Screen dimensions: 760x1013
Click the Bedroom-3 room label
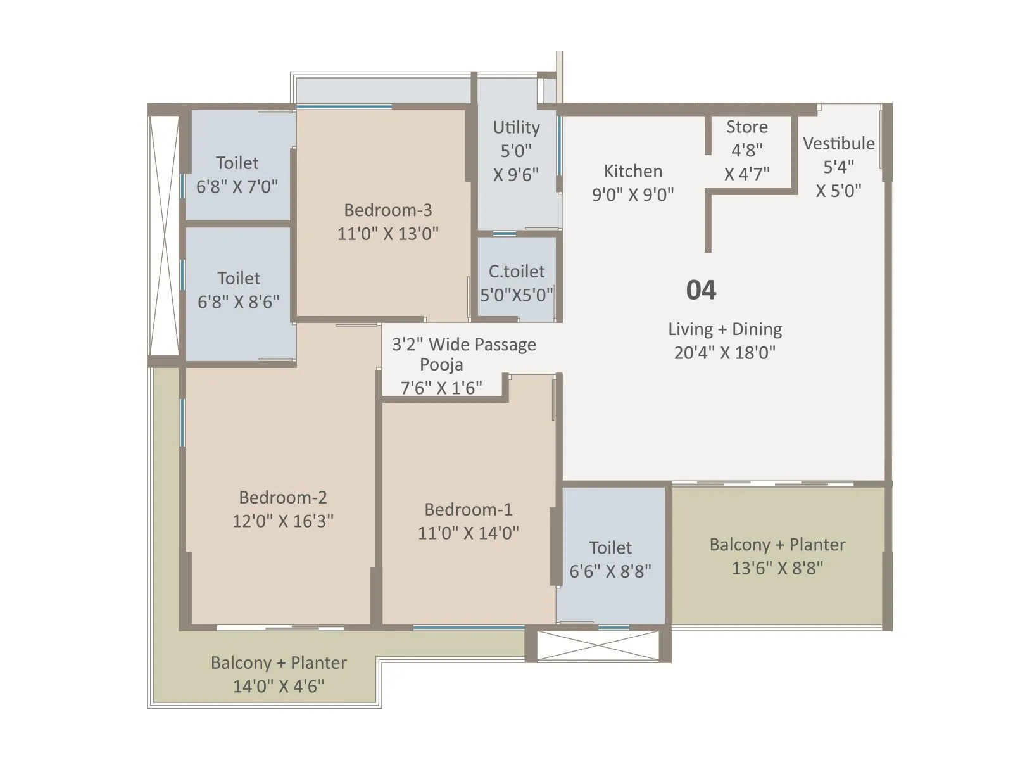[x=387, y=210]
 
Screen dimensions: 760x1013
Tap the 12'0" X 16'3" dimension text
[x=282, y=521]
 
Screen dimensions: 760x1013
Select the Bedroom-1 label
[x=468, y=509]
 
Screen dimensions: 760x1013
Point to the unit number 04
[x=701, y=290]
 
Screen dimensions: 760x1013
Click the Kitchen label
[x=632, y=171]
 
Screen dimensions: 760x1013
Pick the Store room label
[x=746, y=127]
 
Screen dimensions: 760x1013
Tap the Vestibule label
[x=838, y=143]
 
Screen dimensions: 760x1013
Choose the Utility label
[x=516, y=127]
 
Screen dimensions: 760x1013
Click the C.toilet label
[x=516, y=271]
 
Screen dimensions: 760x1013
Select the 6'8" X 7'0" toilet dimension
[x=237, y=186]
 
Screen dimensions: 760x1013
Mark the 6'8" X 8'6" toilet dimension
[x=238, y=301]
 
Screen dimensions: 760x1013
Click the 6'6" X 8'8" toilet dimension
[x=610, y=571]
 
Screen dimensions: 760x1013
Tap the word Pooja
[x=441, y=364]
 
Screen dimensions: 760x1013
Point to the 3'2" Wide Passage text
[x=463, y=345]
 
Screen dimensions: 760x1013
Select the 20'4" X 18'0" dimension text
[x=724, y=352]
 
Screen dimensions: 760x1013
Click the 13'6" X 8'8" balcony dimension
[x=777, y=567]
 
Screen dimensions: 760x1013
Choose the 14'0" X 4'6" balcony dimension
[x=278, y=686]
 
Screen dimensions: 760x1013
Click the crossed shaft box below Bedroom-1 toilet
[x=598, y=646]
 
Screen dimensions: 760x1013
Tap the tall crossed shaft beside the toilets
[x=163, y=236]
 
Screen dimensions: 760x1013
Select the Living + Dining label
[x=724, y=329]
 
